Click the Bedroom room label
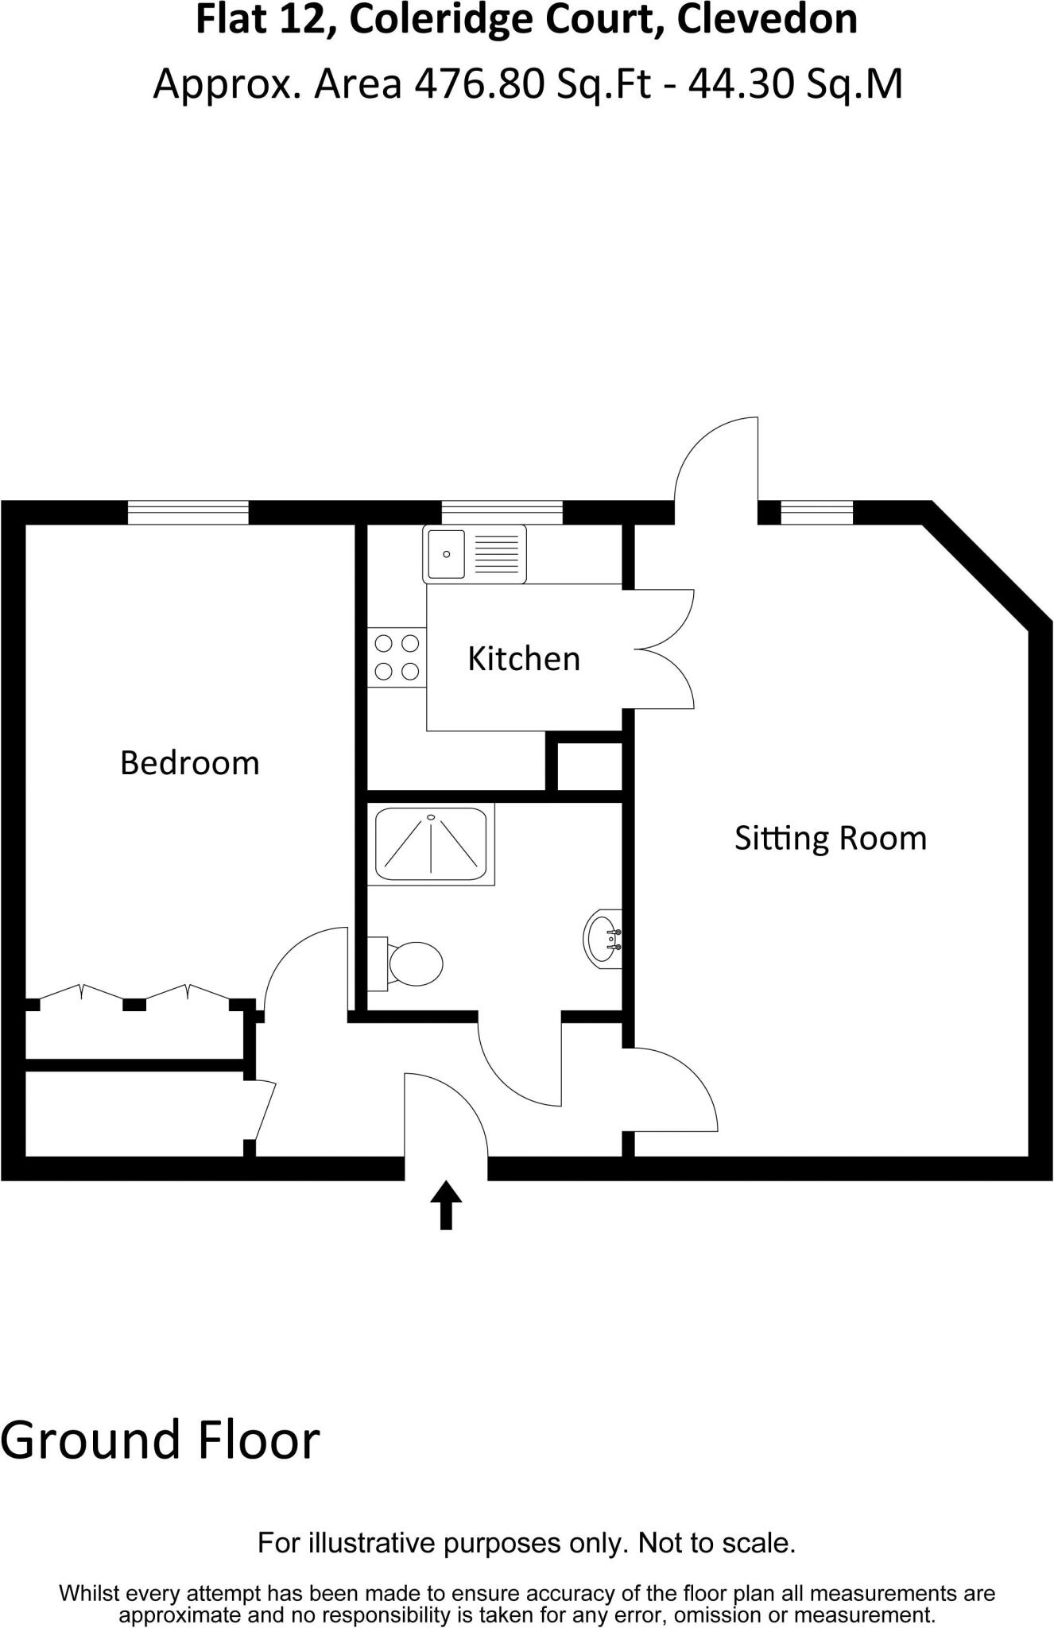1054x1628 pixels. (189, 763)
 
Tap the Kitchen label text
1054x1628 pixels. (523, 659)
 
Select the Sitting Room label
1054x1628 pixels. (830, 838)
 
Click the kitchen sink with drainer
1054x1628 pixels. (475, 553)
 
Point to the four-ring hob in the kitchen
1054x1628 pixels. (397, 657)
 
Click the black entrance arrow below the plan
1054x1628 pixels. (446, 1205)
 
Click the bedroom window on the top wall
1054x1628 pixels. (188, 513)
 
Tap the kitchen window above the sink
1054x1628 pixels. (502, 513)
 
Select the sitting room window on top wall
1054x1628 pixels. (816, 513)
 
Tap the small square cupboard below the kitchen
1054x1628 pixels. (589, 766)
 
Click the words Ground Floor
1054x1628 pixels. (160, 1440)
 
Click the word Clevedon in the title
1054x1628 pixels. (767, 20)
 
